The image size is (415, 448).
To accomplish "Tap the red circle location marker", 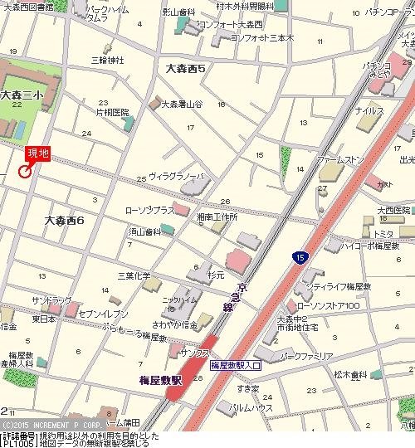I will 24,172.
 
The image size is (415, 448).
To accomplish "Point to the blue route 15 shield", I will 298,259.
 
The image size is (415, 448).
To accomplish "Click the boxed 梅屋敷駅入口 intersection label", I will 236,364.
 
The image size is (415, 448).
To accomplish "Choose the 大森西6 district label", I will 66,221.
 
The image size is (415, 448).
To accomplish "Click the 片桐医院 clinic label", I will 113,111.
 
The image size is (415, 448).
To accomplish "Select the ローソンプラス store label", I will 149,211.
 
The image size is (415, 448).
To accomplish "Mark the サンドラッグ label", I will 51,299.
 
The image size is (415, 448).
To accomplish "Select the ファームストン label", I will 340,158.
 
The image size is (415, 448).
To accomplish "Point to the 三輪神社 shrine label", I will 107,60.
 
